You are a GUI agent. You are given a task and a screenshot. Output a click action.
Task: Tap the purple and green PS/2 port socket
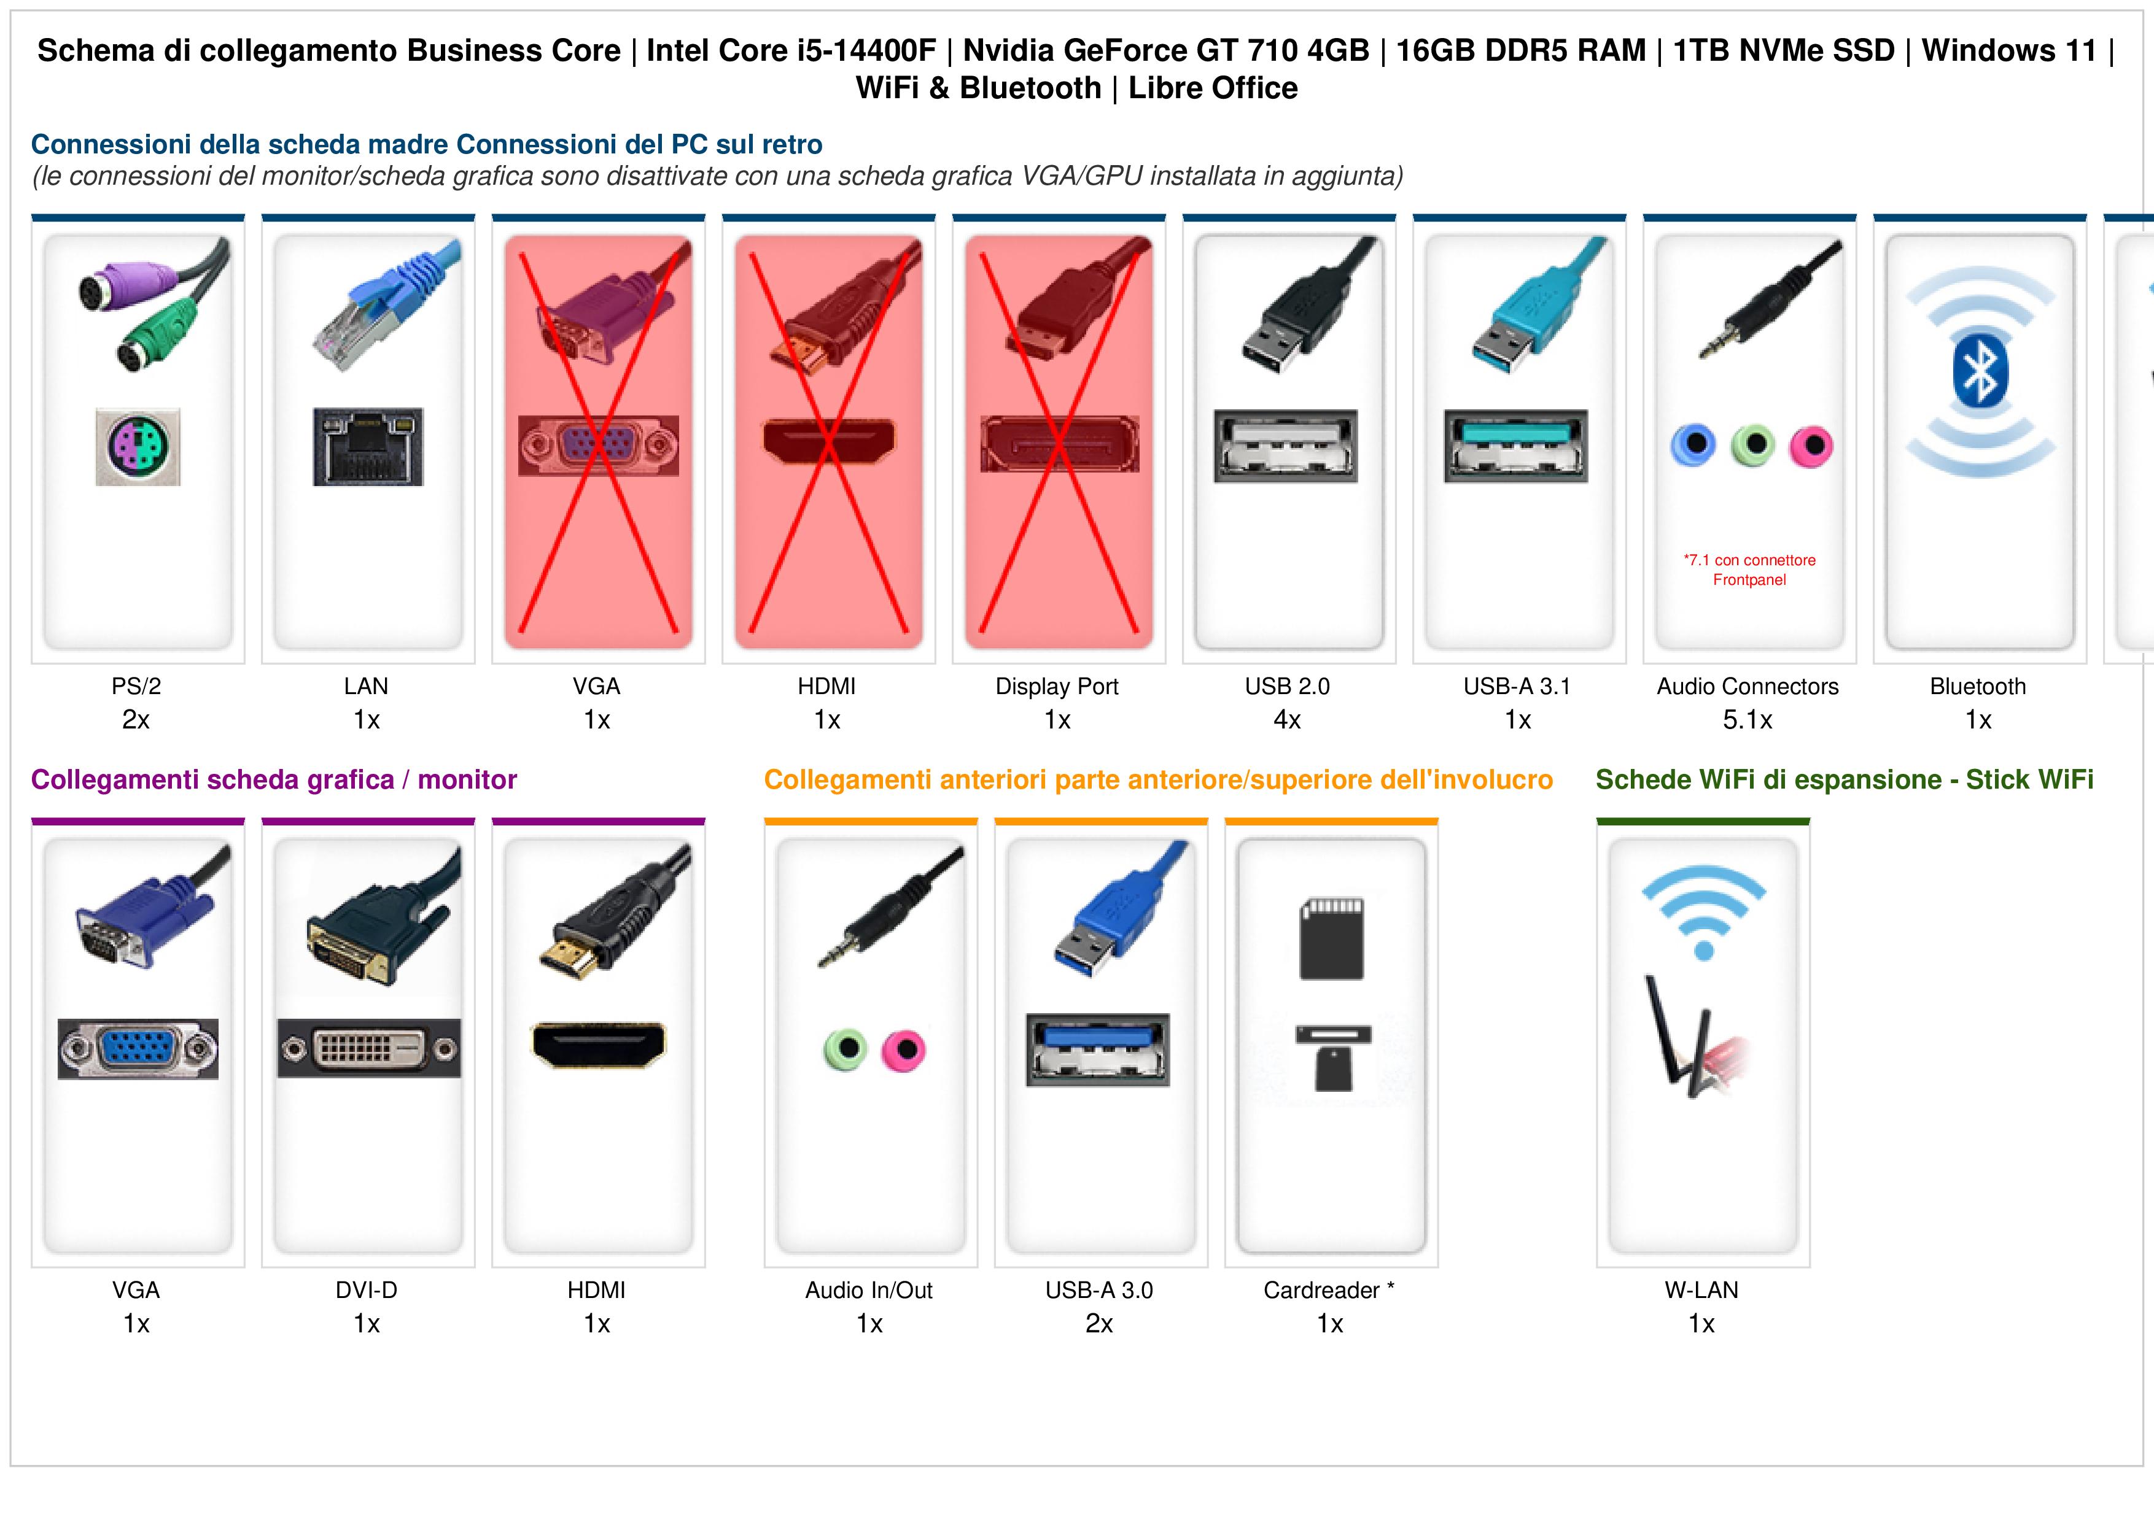138,446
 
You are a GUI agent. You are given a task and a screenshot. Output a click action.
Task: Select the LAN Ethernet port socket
368,446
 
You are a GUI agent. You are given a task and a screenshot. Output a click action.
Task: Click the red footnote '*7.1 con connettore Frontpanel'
1749,570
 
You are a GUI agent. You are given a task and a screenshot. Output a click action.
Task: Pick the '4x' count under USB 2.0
1287,720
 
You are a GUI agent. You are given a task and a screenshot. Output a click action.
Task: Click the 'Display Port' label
1057,687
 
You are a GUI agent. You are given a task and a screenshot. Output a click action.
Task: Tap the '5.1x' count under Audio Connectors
1748,720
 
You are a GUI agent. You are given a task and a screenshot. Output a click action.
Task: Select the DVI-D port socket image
368,1048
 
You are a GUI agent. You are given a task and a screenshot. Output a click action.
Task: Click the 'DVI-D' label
367,1291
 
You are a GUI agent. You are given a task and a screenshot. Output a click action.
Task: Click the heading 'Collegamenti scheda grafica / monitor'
274,779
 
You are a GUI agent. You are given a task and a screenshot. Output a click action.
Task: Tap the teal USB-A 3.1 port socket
1516,446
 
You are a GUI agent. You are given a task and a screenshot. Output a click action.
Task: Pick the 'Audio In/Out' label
869,1291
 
